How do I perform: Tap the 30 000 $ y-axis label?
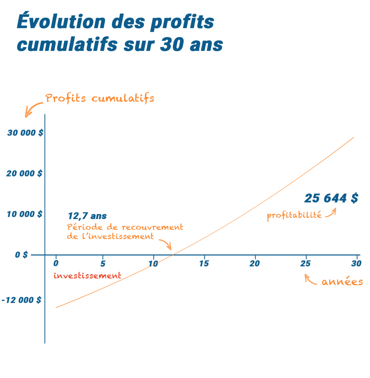click(x=25, y=133)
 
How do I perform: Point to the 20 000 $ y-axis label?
click(x=24, y=173)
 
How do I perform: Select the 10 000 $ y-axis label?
click(x=24, y=214)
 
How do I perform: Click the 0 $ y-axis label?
click(x=21, y=255)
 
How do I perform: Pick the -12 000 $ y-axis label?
click(x=21, y=300)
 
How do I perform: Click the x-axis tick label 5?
click(x=103, y=264)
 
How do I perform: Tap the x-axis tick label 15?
click(x=204, y=264)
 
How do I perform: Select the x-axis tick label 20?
click(x=255, y=264)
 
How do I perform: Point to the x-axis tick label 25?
click(x=305, y=264)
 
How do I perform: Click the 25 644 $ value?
click(x=331, y=199)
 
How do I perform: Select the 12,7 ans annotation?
click(x=87, y=216)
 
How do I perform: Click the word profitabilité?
click(x=294, y=215)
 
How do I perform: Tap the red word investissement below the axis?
click(x=87, y=275)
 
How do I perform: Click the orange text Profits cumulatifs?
click(x=100, y=99)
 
